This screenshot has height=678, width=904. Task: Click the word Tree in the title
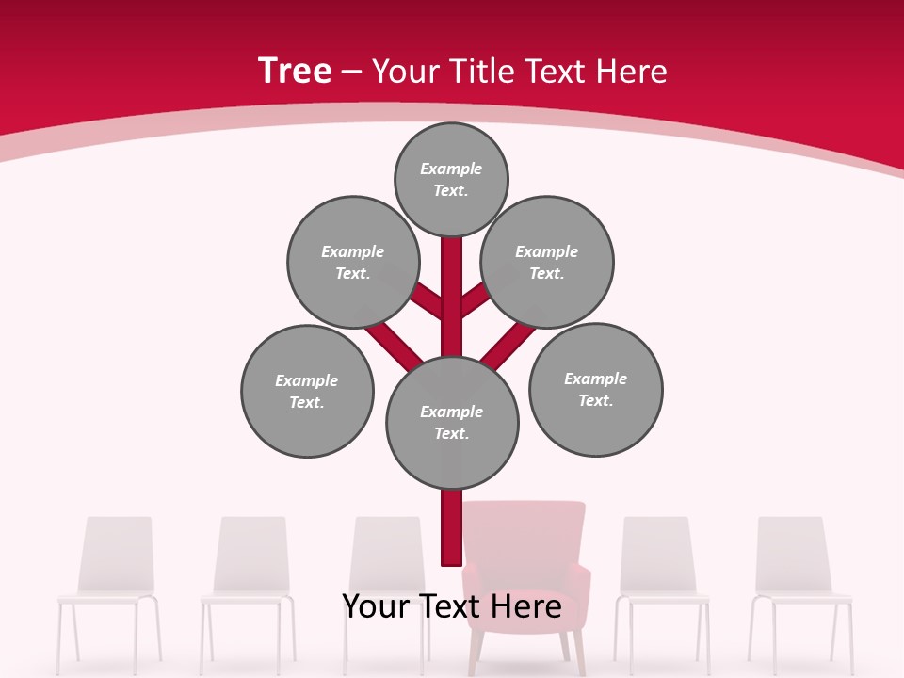[x=295, y=72]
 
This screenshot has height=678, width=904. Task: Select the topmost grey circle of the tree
[x=451, y=179]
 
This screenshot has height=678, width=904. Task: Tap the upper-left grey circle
[x=352, y=262]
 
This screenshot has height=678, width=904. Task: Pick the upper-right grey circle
[x=547, y=262]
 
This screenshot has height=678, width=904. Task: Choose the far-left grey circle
[x=307, y=391]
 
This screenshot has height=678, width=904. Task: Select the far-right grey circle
[x=595, y=389]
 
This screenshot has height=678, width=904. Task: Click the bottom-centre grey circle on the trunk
[x=452, y=422]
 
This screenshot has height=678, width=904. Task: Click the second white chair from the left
[x=251, y=556]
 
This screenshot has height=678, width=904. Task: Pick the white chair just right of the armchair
[x=656, y=556]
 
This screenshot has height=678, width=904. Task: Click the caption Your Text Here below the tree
[x=452, y=606]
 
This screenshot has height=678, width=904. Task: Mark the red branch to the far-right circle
[x=508, y=345]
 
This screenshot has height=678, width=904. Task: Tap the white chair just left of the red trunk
[x=386, y=556]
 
